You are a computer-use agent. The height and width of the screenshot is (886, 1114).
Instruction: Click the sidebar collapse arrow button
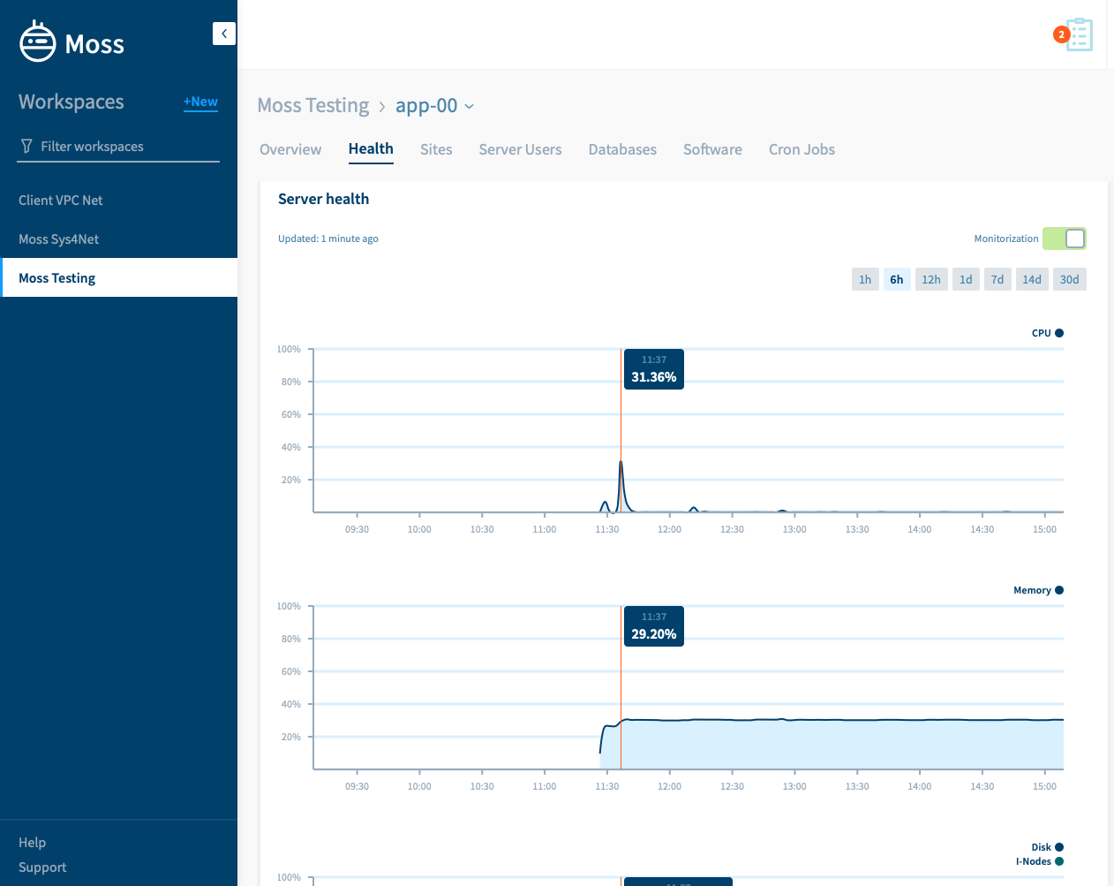[x=224, y=34]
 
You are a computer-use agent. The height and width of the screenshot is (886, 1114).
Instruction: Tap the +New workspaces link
[x=200, y=102]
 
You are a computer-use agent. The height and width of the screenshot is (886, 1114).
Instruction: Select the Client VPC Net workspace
[x=61, y=200]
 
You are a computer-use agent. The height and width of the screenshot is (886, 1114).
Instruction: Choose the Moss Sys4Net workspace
[x=58, y=239]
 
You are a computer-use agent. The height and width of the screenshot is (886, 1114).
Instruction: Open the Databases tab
[x=622, y=149]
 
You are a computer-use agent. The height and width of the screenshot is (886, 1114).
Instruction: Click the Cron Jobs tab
[x=802, y=149]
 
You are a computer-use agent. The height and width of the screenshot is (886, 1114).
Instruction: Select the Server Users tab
[x=520, y=149]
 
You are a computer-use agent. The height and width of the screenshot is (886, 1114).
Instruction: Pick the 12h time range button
[x=930, y=279]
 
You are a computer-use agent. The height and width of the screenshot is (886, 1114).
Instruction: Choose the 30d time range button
[x=1069, y=279]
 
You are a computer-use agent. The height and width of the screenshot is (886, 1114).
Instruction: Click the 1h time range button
[x=865, y=279]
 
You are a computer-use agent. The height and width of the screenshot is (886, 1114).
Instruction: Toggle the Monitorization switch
[x=1064, y=239]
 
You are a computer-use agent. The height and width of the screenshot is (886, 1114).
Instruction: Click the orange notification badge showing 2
[x=1061, y=34]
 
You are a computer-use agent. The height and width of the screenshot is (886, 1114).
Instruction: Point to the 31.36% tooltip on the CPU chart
[x=654, y=369]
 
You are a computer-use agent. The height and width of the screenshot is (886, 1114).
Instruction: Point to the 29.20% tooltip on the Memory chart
[x=654, y=626]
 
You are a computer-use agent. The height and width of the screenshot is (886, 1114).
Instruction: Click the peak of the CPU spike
[x=621, y=461]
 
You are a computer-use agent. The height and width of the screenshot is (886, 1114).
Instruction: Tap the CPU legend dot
[x=1059, y=333]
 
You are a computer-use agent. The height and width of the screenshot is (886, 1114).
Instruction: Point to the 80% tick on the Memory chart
[x=291, y=639]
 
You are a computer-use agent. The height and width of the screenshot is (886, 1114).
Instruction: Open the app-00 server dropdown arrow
[x=469, y=106]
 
